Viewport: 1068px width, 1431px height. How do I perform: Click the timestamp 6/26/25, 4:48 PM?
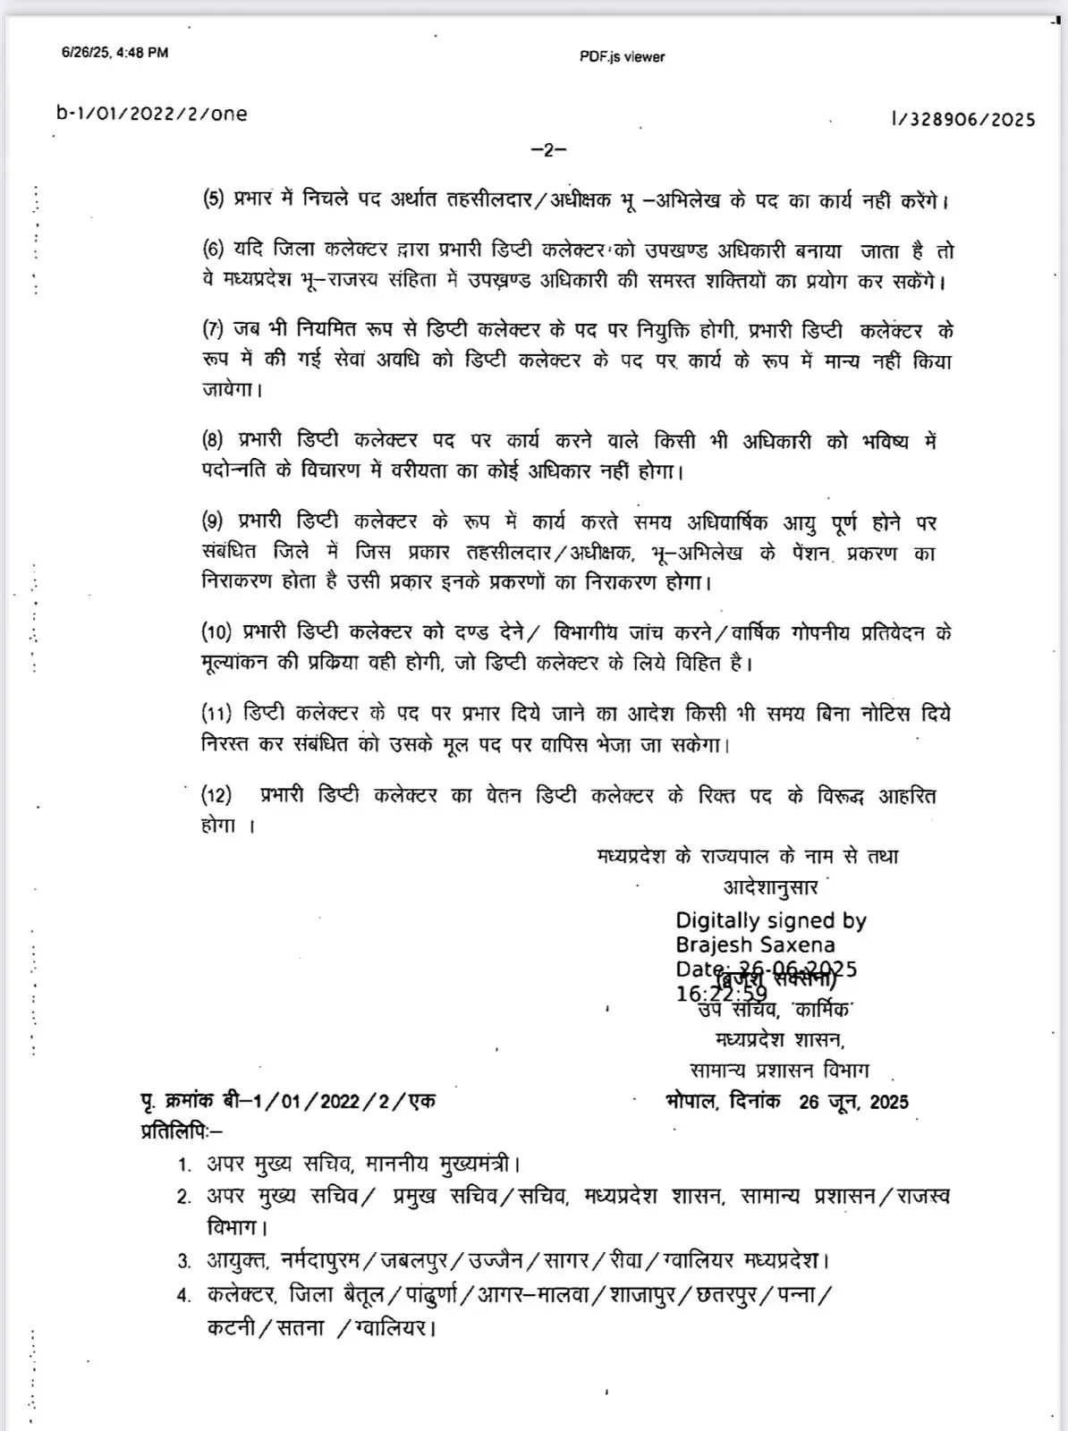click(x=114, y=52)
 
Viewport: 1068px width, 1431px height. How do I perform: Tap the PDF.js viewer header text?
click(x=622, y=56)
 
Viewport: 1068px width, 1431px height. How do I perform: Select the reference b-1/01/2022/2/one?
click(x=151, y=114)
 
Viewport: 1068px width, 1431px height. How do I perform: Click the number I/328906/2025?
click(x=962, y=119)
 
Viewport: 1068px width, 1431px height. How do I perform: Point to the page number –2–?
click(x=548, y=149)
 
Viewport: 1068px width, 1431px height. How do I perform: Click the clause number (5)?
click(x=213, y=199)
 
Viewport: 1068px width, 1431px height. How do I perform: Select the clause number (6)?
click(x=213, y=250)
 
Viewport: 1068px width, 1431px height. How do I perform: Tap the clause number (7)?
click(x=213, y=329)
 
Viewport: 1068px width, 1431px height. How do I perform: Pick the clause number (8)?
click(x=213, y=440)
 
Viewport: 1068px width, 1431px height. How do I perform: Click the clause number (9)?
click(x=213, y=521)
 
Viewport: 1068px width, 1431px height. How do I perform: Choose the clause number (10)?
click(x=216, y=632)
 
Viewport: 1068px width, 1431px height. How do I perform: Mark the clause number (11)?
click(x=216, y=714)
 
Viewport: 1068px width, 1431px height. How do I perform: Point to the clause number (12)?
click(x=216, y=795)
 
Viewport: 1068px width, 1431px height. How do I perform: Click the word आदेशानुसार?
click(x=770, y=887)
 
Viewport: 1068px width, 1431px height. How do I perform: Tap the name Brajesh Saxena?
click(x=755, y=944)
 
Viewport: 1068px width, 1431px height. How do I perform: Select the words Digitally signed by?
click(x=770, y=920)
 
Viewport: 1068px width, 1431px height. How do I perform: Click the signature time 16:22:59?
click(x=721, y=994)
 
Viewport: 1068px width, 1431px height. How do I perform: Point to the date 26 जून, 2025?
click(x=853, y=1102)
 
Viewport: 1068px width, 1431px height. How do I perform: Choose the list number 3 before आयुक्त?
click(x=184, y=1262)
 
